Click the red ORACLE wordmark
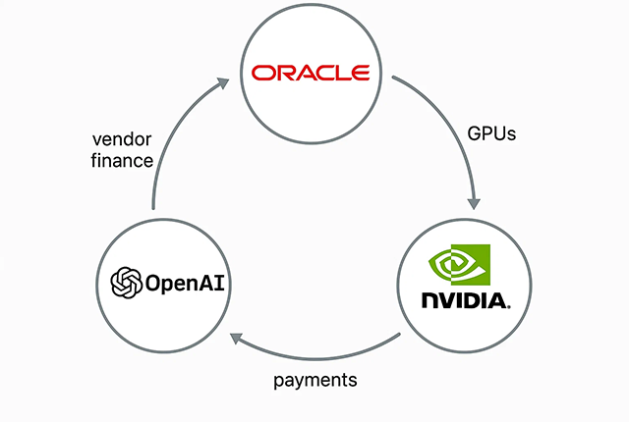pos(310,74)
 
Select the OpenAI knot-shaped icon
pos(127,285)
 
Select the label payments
pos(314,379)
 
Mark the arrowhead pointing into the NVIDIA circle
pos(475,201)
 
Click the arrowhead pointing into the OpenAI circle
pos(236,339)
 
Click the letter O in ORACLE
pos(262,74)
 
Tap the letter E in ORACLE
pos(359,74)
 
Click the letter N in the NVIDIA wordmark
pos(429,299)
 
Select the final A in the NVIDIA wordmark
pos(496,299)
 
